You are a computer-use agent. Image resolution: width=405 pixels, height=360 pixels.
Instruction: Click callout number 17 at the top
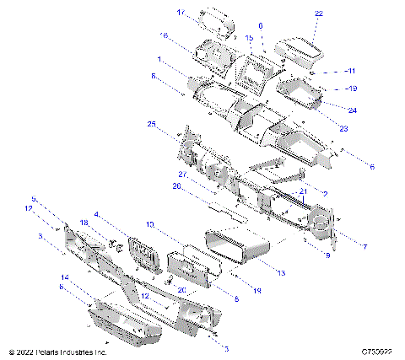pyautogui.click(x=181, y=13)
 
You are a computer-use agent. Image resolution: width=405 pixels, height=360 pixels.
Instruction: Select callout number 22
pyautogui.click(x=318, y=14)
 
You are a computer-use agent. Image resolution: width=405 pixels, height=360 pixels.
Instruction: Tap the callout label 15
pyautogui.click(x=249, y=39)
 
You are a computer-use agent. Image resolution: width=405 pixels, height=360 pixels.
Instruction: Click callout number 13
pyautogui.click(x=281, y=272)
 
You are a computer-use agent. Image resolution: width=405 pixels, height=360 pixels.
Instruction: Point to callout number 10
pyautogui.click(x=148, y=225)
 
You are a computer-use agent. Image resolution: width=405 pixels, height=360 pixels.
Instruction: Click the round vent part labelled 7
pyautogui.click(x=321, y=224)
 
